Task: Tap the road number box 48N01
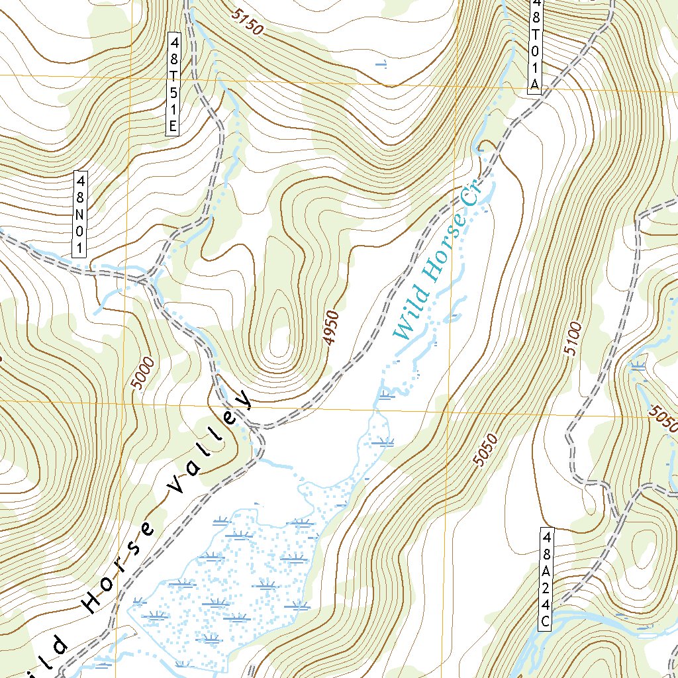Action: point(80,215)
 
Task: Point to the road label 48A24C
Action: point(546,578)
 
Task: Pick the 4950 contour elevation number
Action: point(331,328)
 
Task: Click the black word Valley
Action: point(209,441)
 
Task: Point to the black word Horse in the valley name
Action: point(120,562)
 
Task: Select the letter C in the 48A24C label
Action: point(546,622)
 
